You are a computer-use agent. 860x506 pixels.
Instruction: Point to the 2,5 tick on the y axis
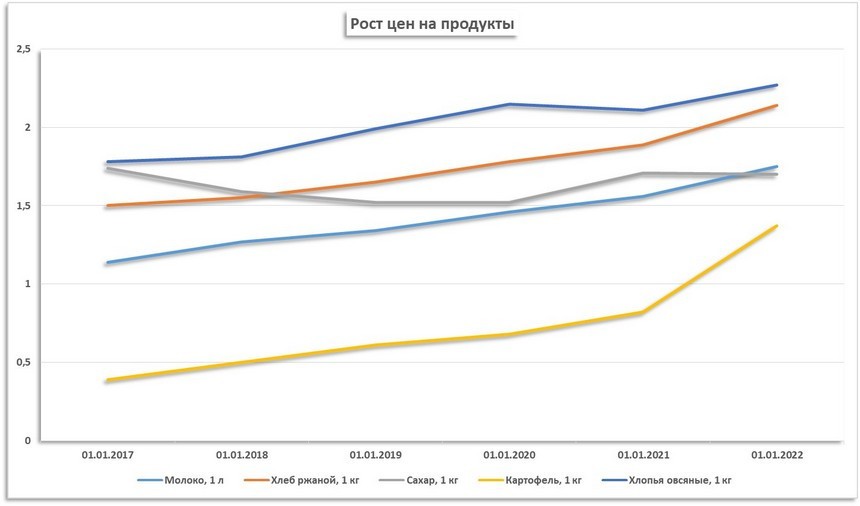tap(24, 49)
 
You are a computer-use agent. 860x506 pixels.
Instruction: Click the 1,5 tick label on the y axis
tap(24, 206)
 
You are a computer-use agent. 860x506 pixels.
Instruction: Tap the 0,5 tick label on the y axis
tap(24, 362)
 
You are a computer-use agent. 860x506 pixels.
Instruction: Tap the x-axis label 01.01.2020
tap(508, 455)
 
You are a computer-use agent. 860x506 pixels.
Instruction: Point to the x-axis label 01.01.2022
tap(776, 455)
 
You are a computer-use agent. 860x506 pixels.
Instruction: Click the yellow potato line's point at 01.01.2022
tap(776, 226)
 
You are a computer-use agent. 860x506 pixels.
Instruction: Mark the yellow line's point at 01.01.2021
tap(642, 313)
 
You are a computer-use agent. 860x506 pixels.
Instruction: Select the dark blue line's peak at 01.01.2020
tap(508, 104)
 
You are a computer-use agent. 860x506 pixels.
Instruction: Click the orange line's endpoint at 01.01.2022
tap(776, 105)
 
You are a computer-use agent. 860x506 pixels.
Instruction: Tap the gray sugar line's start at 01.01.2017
tap(106, 169)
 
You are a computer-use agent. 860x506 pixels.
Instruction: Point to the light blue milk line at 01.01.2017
tap(106, 263)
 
